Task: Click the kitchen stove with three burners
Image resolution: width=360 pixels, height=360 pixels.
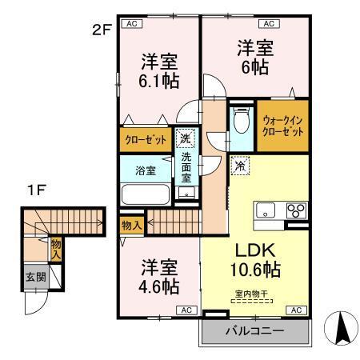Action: point(294,210)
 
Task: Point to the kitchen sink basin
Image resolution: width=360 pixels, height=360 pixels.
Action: point(266,210)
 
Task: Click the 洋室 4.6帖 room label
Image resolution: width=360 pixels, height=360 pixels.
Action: point(160,277)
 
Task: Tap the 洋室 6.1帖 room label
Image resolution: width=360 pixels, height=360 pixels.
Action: point(159,71)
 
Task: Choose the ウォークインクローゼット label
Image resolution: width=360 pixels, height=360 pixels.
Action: point(282,126)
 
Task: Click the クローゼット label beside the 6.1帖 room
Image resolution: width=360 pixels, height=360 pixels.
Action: point(146,139)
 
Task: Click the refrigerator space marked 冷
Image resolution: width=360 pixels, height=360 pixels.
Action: point(239,166)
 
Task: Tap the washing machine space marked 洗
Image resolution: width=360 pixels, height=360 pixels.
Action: point(184,138)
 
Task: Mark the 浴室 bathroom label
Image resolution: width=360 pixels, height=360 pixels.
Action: point(145,170)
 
